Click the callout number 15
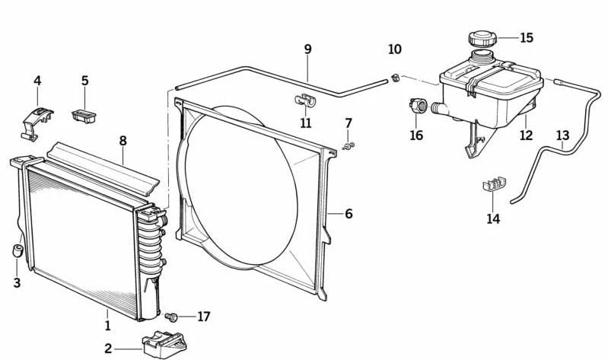point(527,37)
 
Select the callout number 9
point(308,50)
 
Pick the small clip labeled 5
point(84,115)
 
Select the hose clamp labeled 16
point(418,106)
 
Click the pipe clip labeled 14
point(494,187)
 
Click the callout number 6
point(349,214)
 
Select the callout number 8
point(123,141)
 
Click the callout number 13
point(562,136)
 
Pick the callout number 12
point(526,136)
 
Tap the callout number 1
point(107,326)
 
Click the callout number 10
point(394,50)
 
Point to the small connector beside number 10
point(396,76)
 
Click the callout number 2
point(108,349)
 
